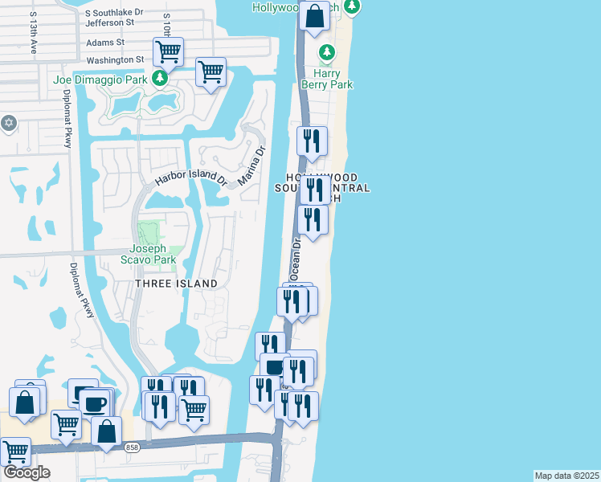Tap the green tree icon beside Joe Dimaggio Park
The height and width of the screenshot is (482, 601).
pyautogui.click(x=160, y=78)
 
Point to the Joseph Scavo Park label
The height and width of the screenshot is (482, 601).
pyautogui.click(x=153, y=254)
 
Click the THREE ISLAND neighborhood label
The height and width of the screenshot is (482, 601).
pyautogui.click(x=176, y=284)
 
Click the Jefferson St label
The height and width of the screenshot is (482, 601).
pyautogui.click(x=111, y=23)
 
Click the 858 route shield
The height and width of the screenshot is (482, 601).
pyautogui.click(x=132, y=447)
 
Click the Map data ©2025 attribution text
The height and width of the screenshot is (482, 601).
pyautogui.click(x=566, y=476)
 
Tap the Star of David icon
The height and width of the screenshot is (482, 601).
pyautogui.click(x=9, y=123)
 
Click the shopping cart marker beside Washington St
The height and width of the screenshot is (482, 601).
pyautogui.click(x=168, y=52)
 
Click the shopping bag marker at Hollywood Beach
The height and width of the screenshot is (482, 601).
pyautogui.click(x=315, y=15)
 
